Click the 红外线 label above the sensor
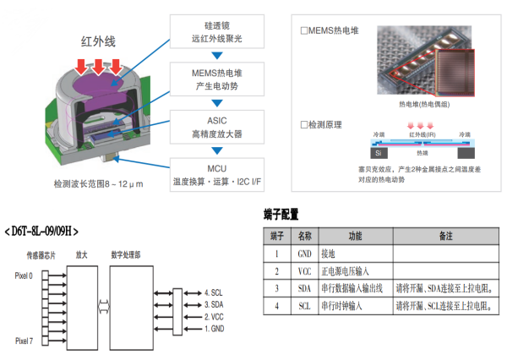[x=98, y=41]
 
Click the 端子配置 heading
[x=281, y=215]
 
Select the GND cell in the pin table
[x=305, y=253]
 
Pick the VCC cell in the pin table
[x=305, y=270]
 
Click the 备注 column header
[x=446, y=234]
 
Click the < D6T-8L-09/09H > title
[x=46, y=229]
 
